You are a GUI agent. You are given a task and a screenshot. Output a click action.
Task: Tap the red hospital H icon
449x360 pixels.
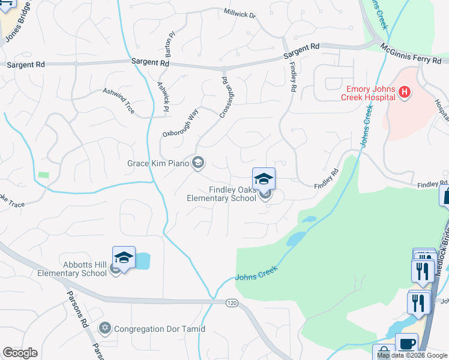click(405, 92)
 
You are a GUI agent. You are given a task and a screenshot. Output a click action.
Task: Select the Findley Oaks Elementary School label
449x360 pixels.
click(221, 194)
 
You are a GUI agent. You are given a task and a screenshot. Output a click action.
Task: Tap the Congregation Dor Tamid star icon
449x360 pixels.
click(105, 329)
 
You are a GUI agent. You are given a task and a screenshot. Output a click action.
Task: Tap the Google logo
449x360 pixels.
click(20, 353)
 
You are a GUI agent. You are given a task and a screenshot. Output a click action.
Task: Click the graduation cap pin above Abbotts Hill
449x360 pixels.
click(124, 258)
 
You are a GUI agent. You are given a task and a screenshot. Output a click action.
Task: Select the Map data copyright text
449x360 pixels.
click(412, 356)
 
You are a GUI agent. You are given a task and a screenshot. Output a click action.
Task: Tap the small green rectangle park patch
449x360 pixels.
click(43, 176)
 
